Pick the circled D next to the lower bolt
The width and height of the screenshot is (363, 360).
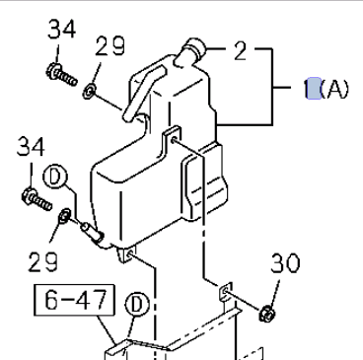pos(55,178)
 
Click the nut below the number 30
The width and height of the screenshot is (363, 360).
pos(266,315)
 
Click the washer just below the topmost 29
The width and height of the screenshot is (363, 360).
pos(90,92)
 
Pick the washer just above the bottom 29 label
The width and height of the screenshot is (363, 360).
pos(65,214)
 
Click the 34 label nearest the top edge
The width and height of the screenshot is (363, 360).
pos(61,32)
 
